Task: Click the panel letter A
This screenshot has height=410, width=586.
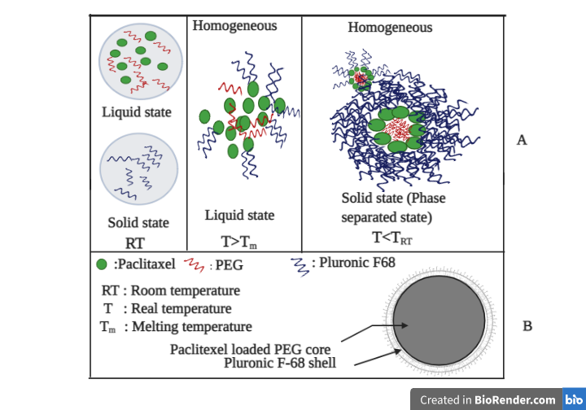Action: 522,140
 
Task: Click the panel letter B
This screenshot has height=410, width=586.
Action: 527,327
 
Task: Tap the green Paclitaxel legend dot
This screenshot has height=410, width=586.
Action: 102,264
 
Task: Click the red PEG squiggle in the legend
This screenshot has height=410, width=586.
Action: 195,264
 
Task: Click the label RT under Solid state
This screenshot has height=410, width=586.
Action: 134,241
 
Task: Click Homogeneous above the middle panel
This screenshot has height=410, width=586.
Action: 234,26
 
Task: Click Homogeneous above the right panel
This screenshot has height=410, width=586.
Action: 390,28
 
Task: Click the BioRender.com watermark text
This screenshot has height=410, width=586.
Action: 488,399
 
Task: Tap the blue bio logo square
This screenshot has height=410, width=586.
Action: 573,399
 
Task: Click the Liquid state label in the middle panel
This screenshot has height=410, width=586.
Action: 239,216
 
